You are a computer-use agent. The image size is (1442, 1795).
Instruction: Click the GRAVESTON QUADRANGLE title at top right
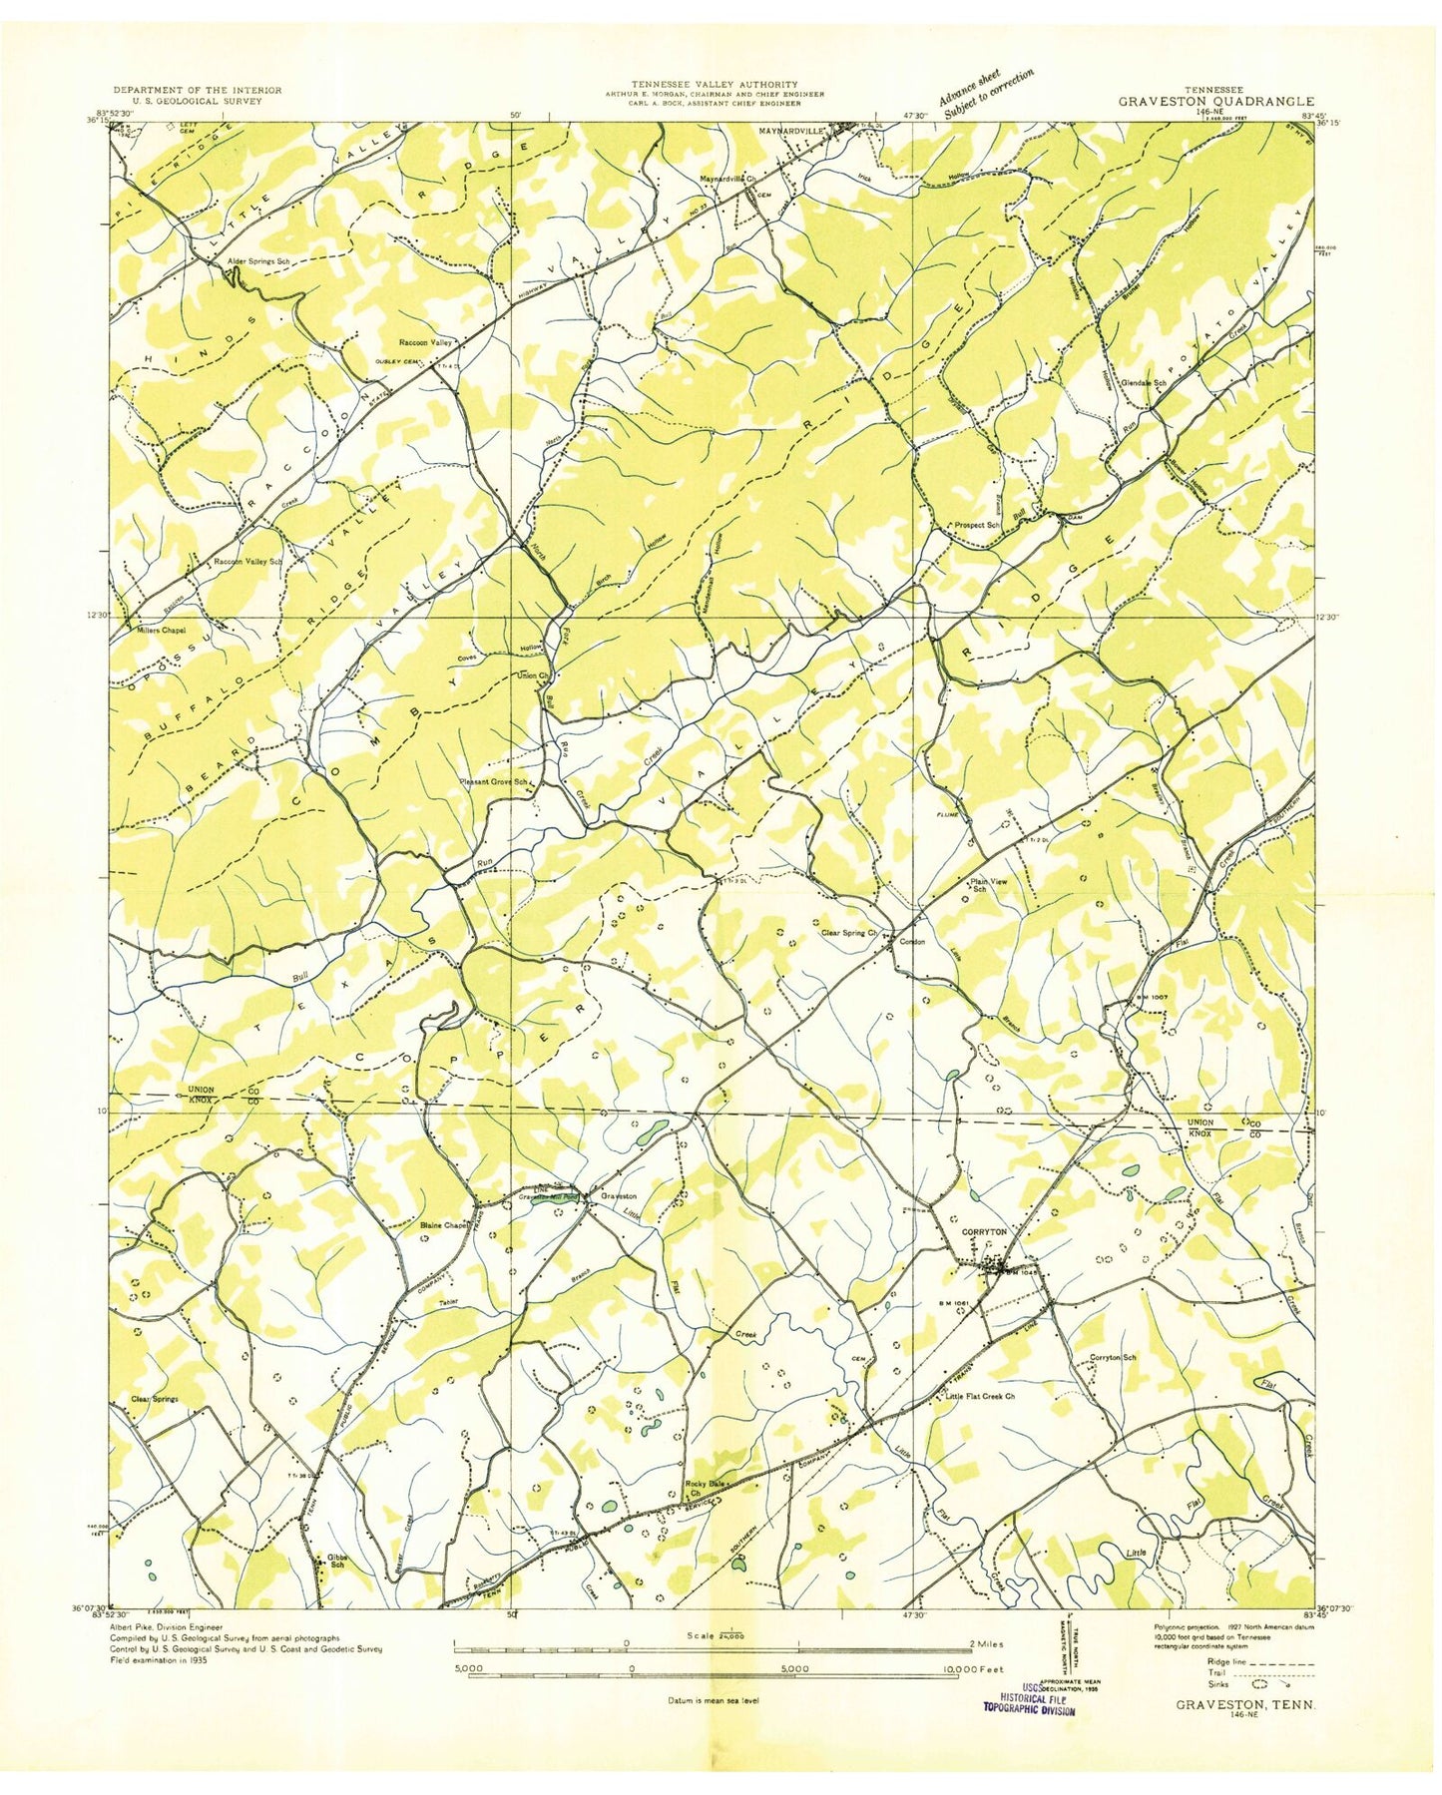click(1215, 101)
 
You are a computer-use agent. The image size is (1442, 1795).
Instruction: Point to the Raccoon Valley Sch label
click(248, 562)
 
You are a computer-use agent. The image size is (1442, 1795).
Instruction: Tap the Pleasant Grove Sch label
click(499, 781)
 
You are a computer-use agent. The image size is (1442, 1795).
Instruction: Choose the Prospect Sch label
click(976, 524)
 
